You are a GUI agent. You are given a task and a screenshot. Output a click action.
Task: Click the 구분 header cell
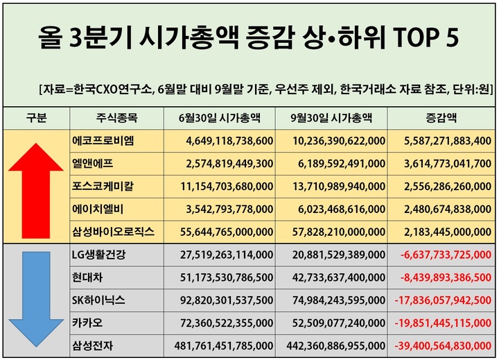(x=36, y=117)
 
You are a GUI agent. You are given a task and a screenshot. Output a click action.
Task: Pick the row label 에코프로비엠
(x=103, y=141)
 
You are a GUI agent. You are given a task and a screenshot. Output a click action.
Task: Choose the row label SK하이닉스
(x=99, y=300)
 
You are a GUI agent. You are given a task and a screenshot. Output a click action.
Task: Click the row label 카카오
(x=89, y=323)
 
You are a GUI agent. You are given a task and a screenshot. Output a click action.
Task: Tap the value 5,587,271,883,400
(x=448, y=141)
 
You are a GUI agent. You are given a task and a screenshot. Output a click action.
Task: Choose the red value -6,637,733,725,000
(x=446, y=255)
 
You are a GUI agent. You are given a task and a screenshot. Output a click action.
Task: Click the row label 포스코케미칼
(x=103, y=187)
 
